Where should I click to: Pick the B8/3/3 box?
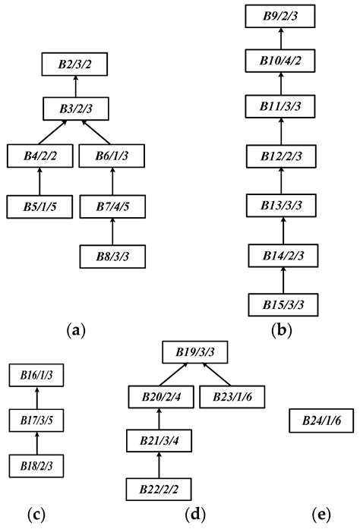(112, 256)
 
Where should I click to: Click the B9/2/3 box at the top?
(281, 16)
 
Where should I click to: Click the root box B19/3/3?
(195, 353)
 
